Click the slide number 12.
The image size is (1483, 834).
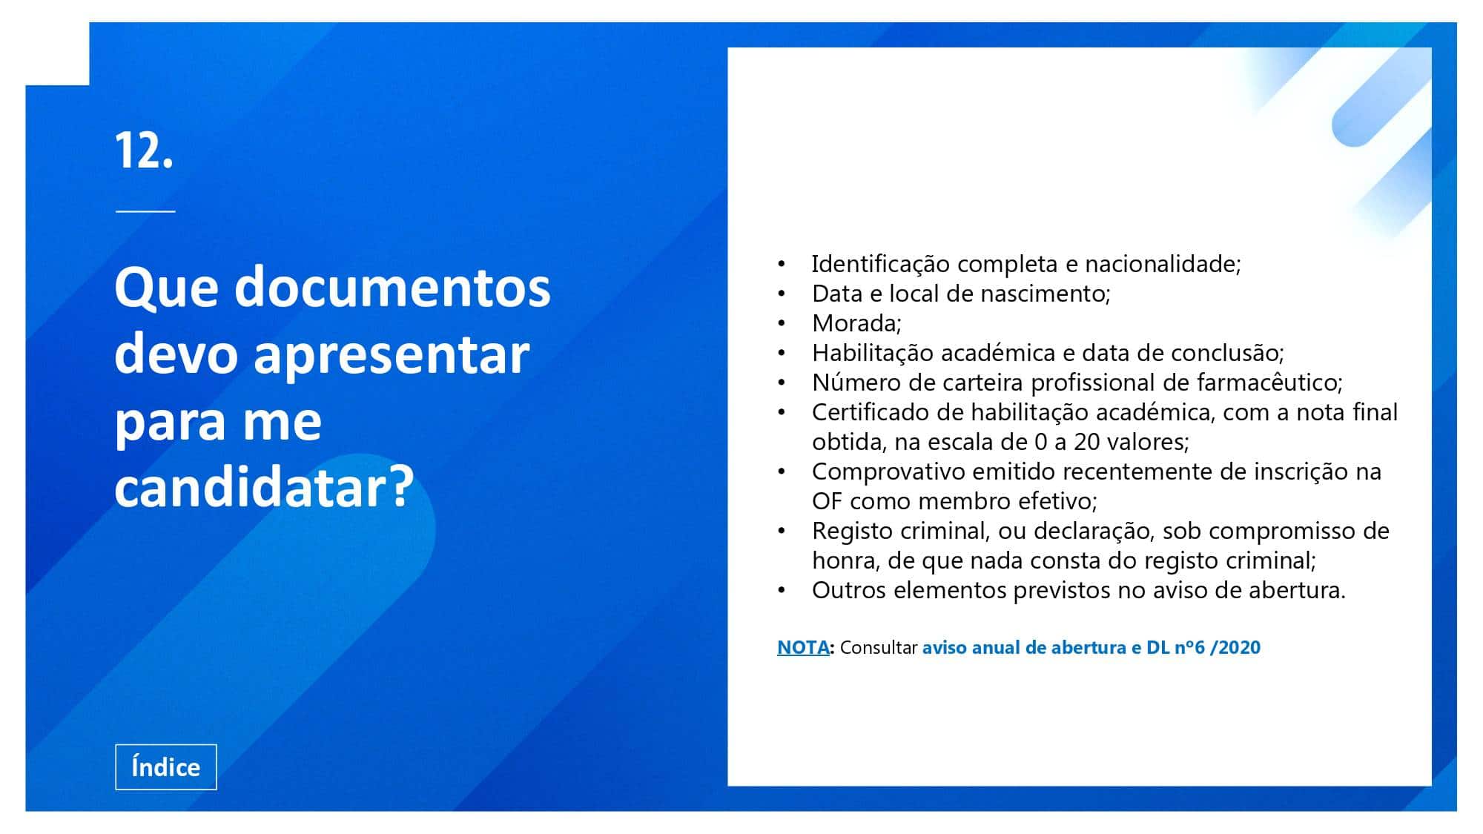pyautogui.click(x=144, y=150)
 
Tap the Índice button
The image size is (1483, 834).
pyautogui.click(x=166, y=767)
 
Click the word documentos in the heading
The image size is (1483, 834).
pyautogui.click(x=392, y=287)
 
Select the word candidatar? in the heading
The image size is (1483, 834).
pyautogui.click(x=264, y=487)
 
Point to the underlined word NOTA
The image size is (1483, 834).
pyautogui.click(x=803, y=647)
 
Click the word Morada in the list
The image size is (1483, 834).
pyautogui.click(x=854, y=323)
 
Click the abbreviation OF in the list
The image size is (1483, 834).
pyautogui.click(x=827, y=501)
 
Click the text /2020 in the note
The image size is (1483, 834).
pyautogui.click(x=1235, y=647)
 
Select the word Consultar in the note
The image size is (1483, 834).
pyautogui.click(x=879, y=647)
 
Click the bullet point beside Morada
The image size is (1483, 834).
pyautogui.click(x=781, y=324)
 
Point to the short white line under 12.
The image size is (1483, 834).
pyautogui.click(x=145, y=211)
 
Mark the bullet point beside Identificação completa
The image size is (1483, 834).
pyautogui.click(x=781, y=265)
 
